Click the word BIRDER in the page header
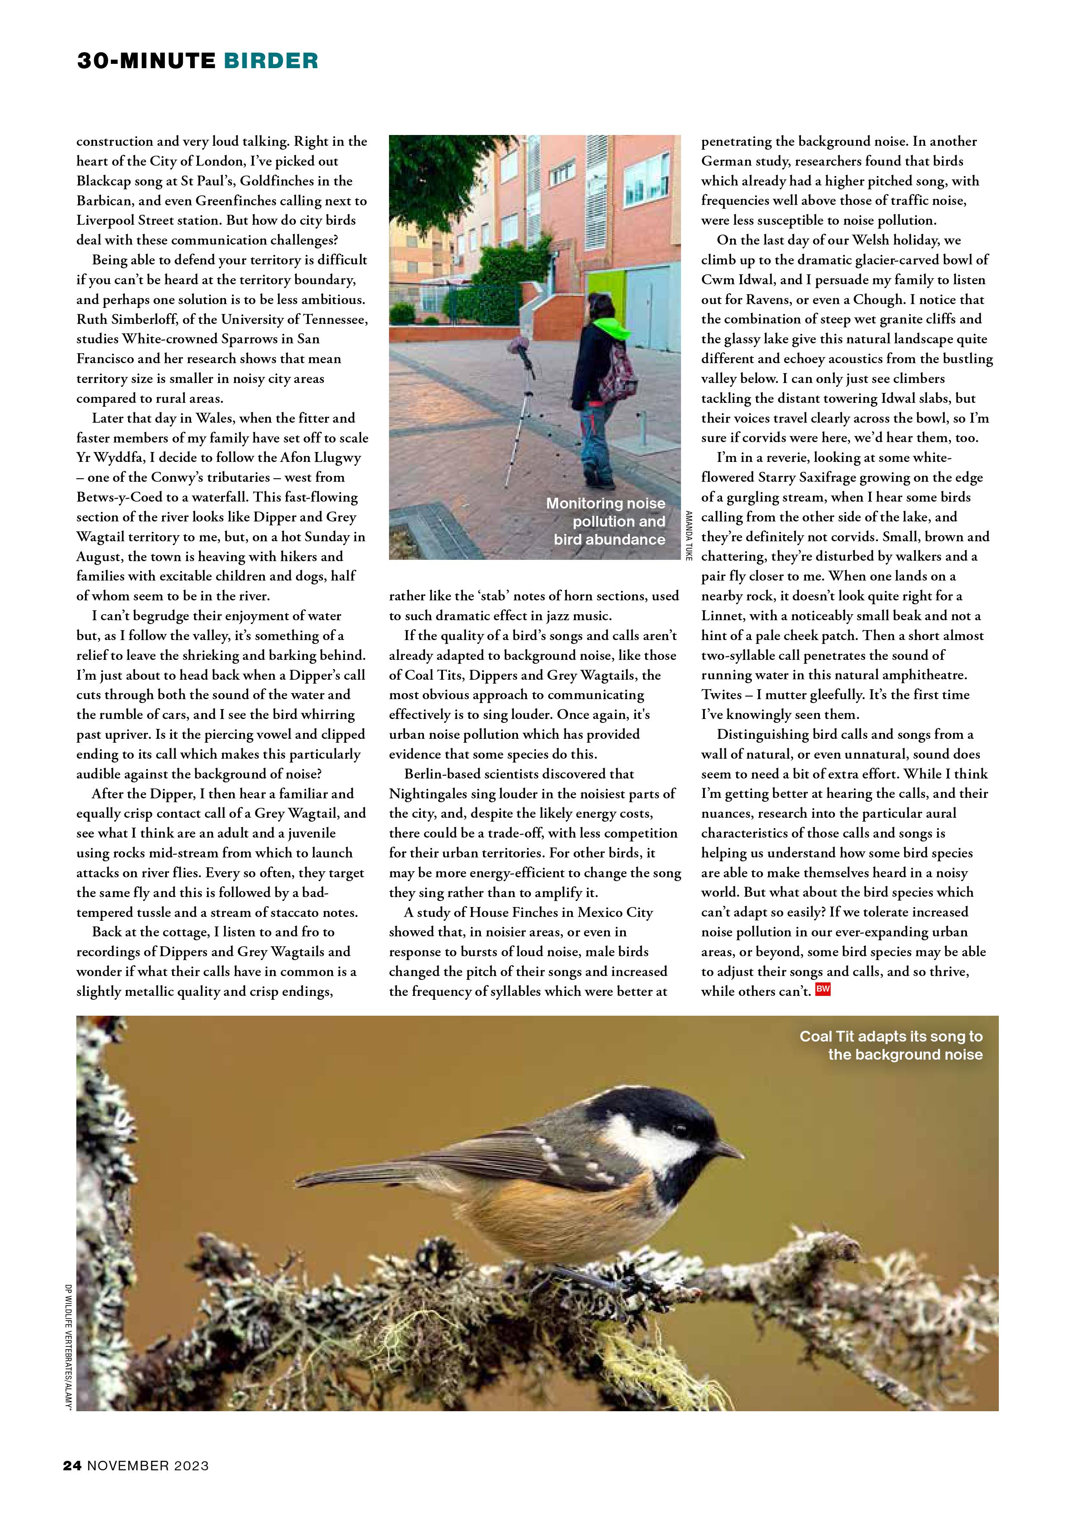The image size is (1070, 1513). [x=271, y=61]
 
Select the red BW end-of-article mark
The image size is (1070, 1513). [x=823, y=989]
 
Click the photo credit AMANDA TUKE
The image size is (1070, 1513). [x=689, y=535]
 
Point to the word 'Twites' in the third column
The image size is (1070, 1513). [x=722, y=694]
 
